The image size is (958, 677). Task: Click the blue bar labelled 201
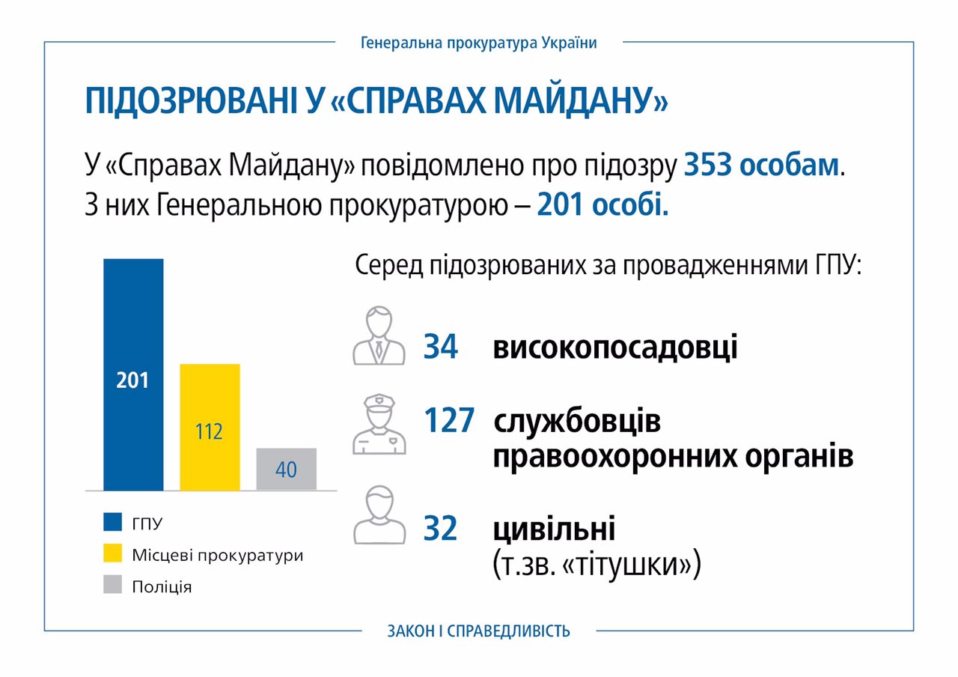point(133,374)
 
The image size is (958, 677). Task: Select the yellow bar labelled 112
point(210,427)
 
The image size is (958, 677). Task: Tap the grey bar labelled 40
point(286,470)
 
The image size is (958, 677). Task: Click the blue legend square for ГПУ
point(113,522)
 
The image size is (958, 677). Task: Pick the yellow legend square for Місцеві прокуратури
point(113,554)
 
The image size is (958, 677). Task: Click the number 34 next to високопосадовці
point(441,347)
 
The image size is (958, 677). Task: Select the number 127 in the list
point(449,421)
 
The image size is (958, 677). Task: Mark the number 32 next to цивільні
point(441,529)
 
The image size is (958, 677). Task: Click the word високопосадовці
point(614,347)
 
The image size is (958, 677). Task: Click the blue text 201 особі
point(602,204)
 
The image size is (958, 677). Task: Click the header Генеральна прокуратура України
point(479,43)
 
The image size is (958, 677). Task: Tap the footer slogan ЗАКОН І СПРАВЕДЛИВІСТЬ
point(479,631)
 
